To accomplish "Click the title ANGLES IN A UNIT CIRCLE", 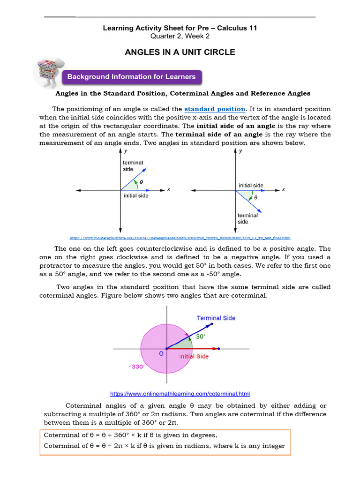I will click(180, 52).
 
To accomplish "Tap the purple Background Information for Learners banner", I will click(132, 77).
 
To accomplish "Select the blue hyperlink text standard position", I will click(215, 109).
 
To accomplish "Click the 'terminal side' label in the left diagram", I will click(133, 166).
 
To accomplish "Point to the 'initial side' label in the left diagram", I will click(136, 196).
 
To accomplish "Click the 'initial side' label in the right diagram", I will click(251, 186).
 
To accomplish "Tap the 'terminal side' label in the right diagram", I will click(247, 218).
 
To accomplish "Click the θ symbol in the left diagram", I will click(141, 181).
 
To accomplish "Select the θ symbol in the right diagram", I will click(255, 197).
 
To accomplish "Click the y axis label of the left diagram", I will click(126, 151).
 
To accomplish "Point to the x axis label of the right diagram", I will click(283, 189).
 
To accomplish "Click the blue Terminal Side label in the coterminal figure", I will click(216, 318).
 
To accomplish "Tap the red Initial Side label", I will click(194, 357).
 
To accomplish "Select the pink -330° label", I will click(137, 367).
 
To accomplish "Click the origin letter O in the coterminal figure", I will click(161, 354).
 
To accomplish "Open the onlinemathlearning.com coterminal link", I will click(183, 394).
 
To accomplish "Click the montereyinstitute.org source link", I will click(180, 238).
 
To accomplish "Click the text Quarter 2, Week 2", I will click(180, 36).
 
